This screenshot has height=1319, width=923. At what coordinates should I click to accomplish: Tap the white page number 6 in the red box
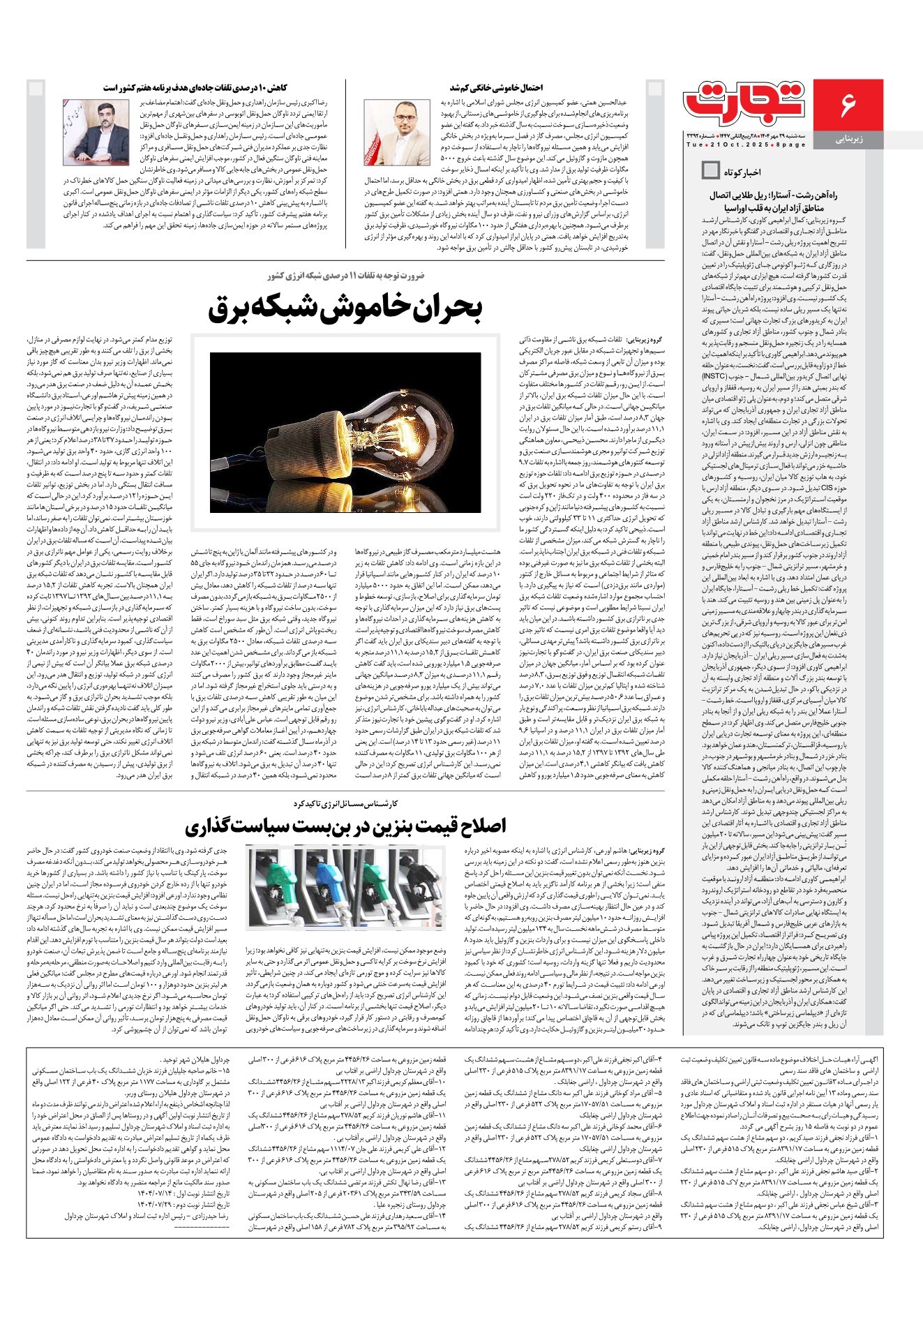pyautogui.click(x=848, y=105)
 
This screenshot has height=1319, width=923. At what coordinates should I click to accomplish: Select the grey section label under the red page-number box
pyautogui.click(x=849, y=140)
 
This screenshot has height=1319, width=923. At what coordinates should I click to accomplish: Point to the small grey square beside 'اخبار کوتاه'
pyautogui.click(x=710, y=170)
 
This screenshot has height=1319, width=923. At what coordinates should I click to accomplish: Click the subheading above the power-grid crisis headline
pyautogui.click(x=345, y=276)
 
